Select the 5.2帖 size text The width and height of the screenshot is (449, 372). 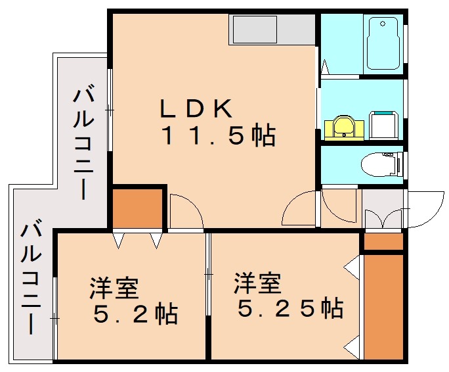tap(135, 315)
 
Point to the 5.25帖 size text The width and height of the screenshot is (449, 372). tap(289, 307)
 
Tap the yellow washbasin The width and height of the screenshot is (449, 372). tap(342, 126)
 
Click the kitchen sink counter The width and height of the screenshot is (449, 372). tap(272, 29)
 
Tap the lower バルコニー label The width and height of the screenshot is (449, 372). tap(32, 279)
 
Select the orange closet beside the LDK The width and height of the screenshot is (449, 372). tap(137, 208)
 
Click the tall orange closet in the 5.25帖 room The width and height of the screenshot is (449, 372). tap(383, 306)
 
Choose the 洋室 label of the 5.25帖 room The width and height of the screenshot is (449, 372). tap(257, 283)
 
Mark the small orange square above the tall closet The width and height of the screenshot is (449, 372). tap(383, 242)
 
